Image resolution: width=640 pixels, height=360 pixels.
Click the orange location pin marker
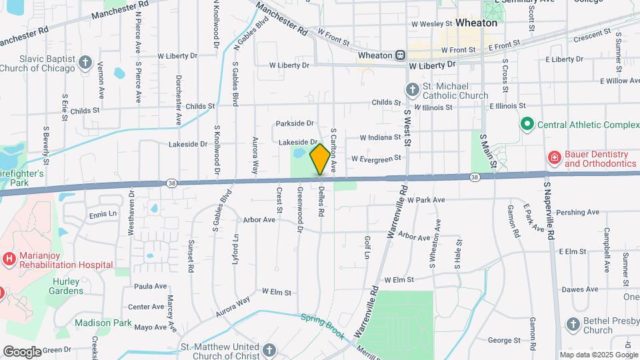tap(320, 159)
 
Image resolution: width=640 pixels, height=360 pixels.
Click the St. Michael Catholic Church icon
tap(413, 89)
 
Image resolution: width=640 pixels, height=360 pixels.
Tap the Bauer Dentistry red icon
tap(553, 157)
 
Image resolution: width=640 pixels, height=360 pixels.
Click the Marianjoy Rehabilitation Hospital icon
tap(9, 258)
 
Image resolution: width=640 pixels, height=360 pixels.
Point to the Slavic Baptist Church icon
tap(85, 63)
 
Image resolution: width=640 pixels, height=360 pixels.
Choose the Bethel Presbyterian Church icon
tap(573, 325)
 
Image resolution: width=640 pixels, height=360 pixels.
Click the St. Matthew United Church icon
tap(269, 350)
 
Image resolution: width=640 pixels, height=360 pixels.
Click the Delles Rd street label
tap(321, 203)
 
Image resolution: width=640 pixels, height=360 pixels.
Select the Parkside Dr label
tap(294, 123)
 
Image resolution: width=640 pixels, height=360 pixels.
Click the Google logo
tap(22, 351)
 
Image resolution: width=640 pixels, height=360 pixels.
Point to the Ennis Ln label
tap(103, 215)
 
